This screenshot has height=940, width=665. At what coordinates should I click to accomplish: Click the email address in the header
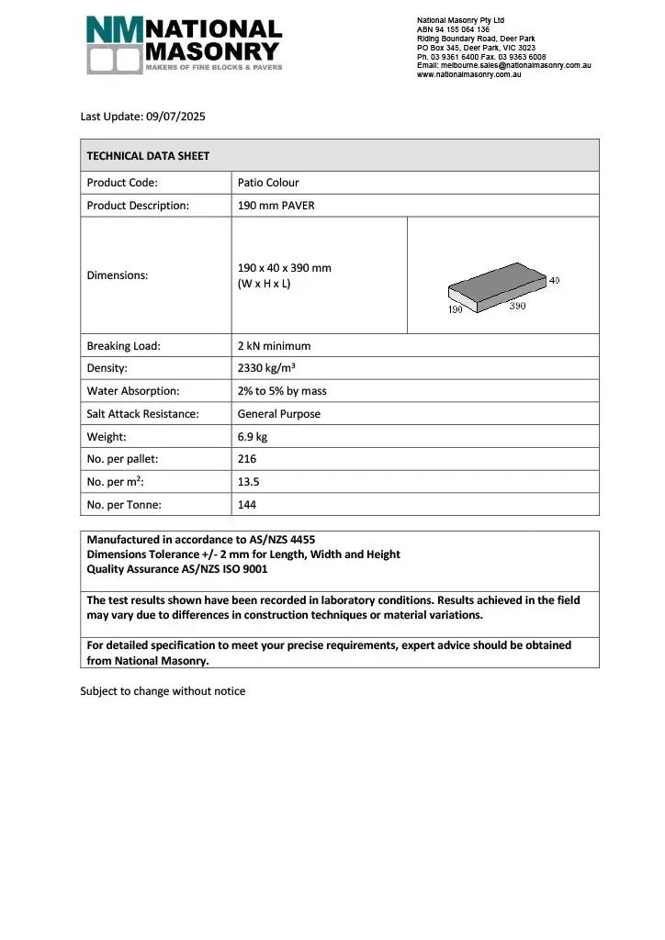[x=503, y=65]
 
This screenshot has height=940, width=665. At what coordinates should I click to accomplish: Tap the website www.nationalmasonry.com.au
[x=469, y=74]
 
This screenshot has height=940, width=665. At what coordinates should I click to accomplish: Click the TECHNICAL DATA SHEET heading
[x=148, y=155]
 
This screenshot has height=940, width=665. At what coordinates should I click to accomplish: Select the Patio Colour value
[x=268, y=182]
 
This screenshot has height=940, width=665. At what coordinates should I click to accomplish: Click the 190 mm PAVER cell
[x=276, y=205]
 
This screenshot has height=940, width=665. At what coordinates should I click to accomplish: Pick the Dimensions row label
[x=117, y=274]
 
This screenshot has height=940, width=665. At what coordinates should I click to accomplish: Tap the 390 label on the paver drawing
[x=517, y=307]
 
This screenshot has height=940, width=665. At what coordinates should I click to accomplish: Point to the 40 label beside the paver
[x=555, y=280]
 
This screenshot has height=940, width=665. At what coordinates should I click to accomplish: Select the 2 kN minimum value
[x=274, y=346]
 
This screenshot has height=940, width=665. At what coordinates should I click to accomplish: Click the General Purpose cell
[x=279, y=414]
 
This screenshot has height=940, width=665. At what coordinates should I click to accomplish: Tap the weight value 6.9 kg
[x=253, y=436]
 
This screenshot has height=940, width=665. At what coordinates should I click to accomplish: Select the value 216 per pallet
[x=247, y=459]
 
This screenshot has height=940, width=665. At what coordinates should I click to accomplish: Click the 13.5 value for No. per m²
[x=250, y=482]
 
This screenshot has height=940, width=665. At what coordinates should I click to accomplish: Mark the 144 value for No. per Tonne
[x=247, y=505]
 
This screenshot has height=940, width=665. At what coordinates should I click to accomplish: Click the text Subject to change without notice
[x=163, y=691]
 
